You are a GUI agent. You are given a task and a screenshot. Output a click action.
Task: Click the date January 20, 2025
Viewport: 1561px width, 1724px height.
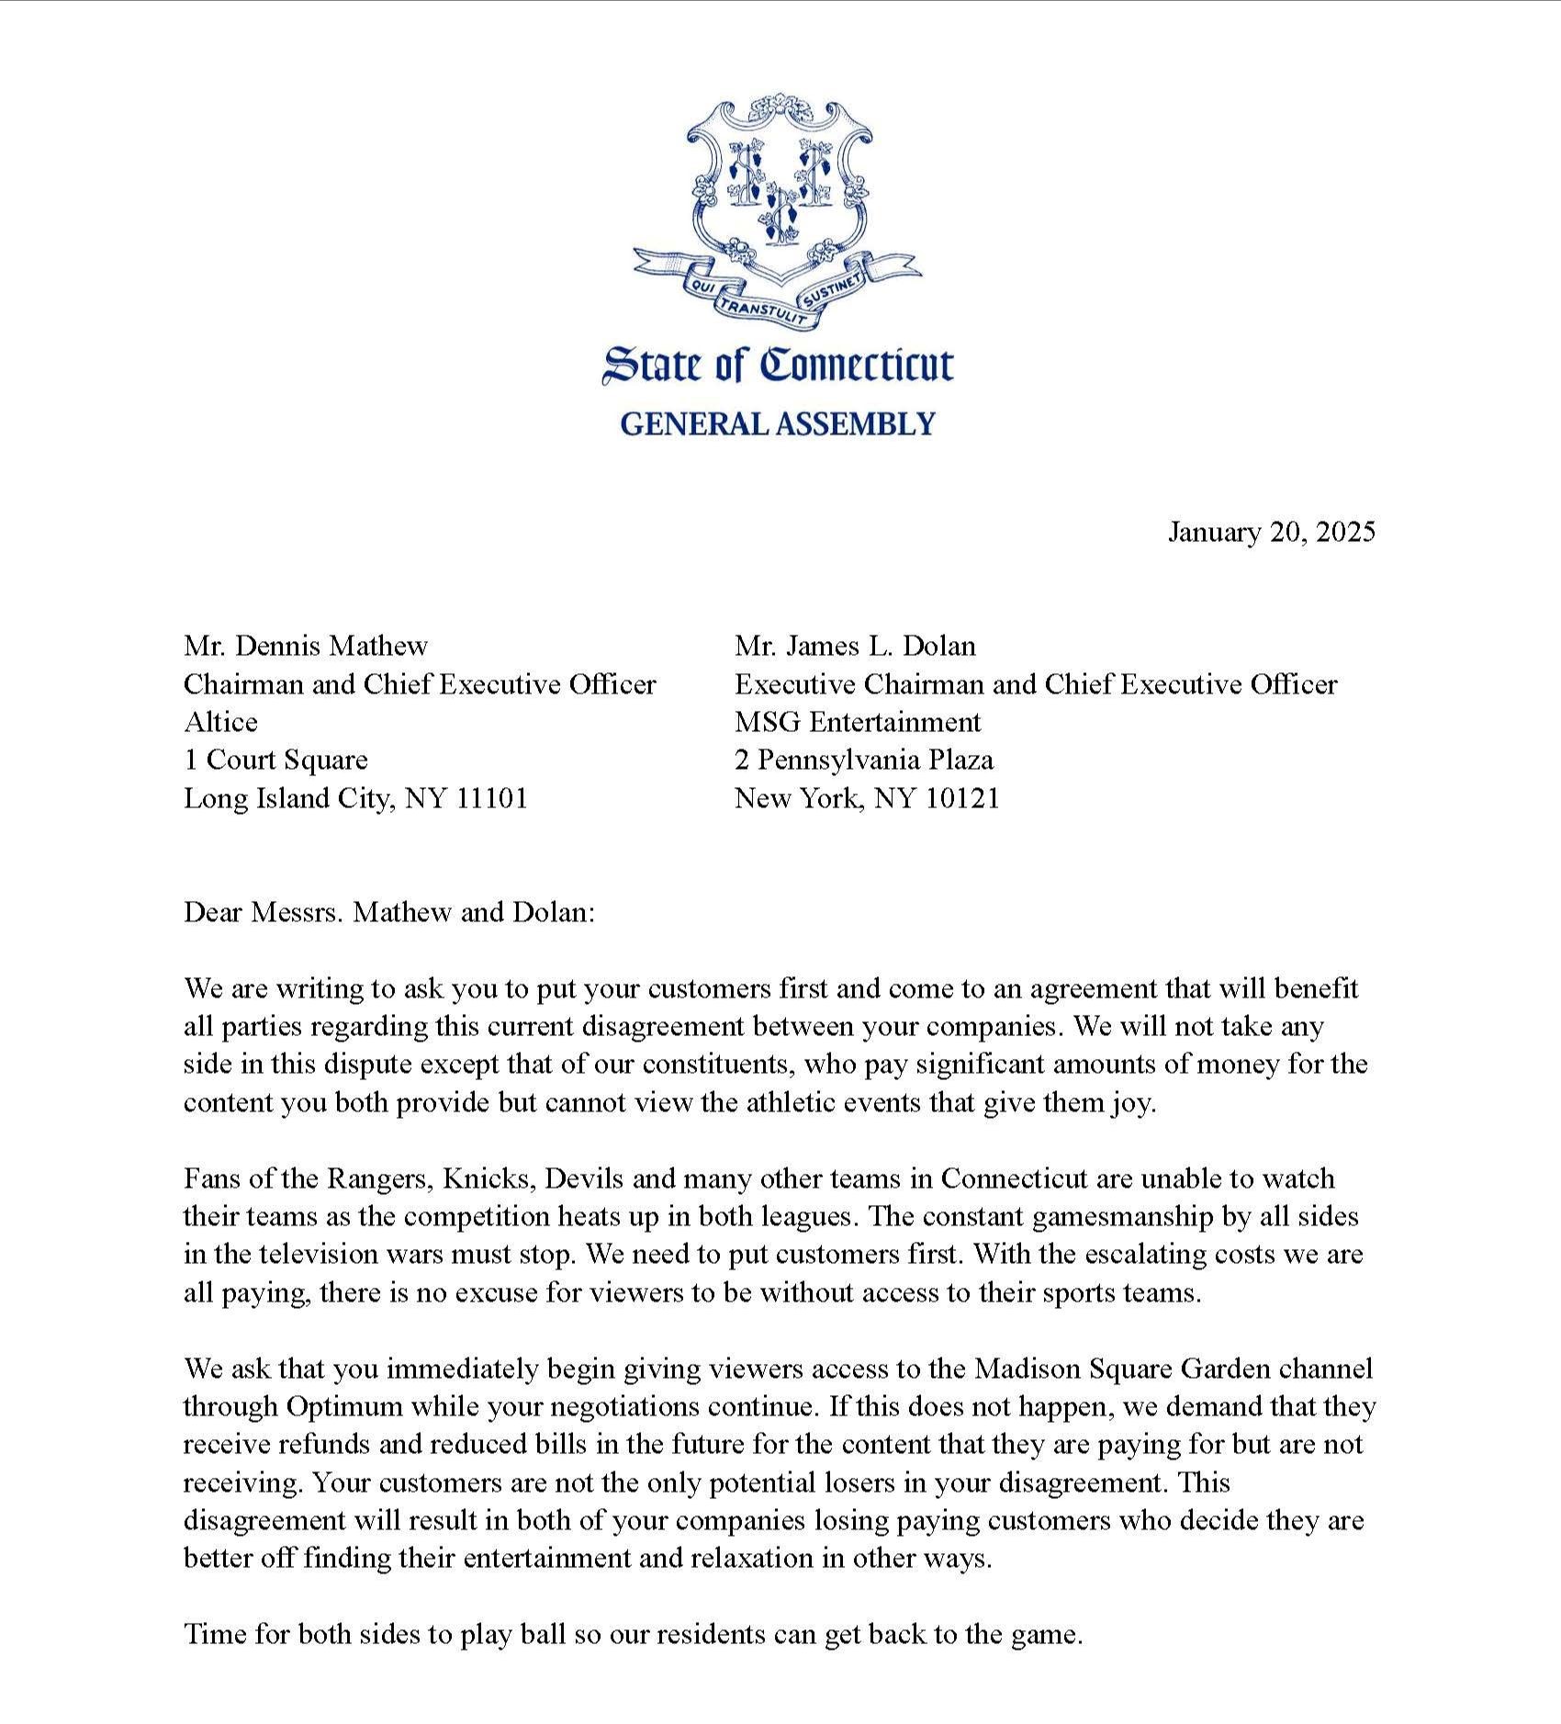pyautogui.click(x=1271, y=533)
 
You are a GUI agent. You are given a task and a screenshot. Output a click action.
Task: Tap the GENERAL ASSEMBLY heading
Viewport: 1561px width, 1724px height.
pyautogui.click(x=778, y=424)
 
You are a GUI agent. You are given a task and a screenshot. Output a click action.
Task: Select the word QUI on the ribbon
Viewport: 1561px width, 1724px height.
pyautogui.click(x=702, y=287)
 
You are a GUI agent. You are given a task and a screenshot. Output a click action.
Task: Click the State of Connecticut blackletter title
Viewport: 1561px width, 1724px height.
pyautogui.click(x=778, y=366)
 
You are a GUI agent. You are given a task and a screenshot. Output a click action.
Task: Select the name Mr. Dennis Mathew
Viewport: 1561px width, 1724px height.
pyautogui.click(x=306, y=647)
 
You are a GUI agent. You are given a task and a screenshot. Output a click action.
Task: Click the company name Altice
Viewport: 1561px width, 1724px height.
pyautogui.click(x=220, y=722)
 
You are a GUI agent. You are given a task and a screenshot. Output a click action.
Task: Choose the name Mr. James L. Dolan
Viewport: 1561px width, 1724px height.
pyautogui.click(x=855, y=647)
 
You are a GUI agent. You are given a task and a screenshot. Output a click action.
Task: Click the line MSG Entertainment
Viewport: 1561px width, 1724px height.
pyautogui.click(x=858, y=722)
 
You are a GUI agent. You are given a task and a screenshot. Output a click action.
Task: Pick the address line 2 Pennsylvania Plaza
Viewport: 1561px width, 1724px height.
pyautogui.click(x=864, y=760)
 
